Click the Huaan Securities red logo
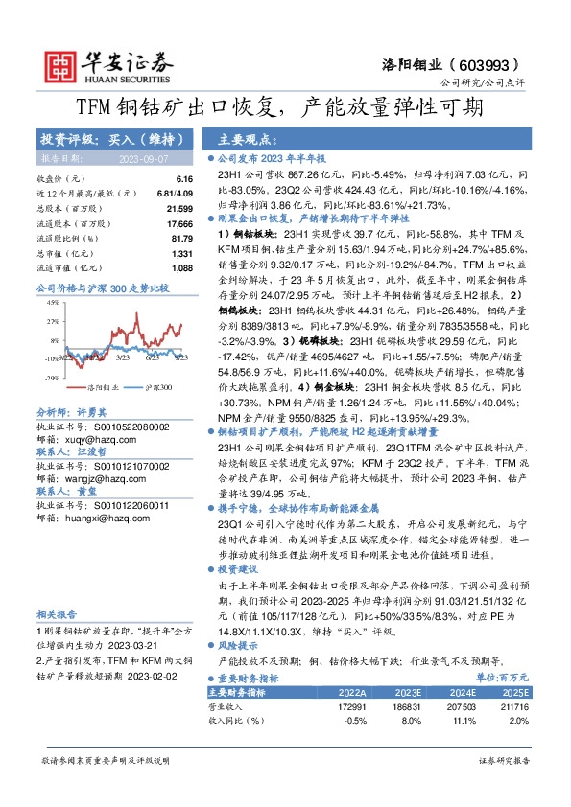pos(60,63)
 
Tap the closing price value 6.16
pos(185,179)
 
